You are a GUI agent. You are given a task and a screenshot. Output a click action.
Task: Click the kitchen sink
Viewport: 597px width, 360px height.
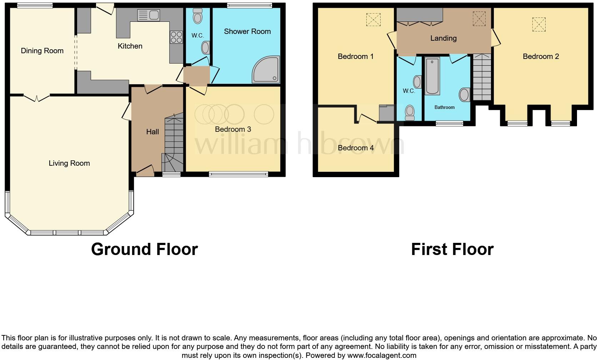[x=149, y=15]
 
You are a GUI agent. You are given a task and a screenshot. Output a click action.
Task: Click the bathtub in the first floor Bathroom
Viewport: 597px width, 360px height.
[x=432, y=77]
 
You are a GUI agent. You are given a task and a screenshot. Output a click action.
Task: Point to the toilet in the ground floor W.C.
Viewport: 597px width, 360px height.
[x=197, y=16]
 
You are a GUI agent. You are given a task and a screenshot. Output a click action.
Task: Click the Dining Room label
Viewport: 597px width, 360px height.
[x=42, y=51]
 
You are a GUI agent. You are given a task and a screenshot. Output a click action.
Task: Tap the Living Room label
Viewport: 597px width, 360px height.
[x=69, y=163]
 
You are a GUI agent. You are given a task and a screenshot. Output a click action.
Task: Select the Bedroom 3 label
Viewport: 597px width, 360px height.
[x=233, y=129]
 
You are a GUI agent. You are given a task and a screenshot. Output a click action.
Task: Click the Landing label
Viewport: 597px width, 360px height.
[x=443, y=38]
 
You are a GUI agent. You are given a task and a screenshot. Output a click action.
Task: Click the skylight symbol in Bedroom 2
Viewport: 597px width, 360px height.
[x=539, y=25]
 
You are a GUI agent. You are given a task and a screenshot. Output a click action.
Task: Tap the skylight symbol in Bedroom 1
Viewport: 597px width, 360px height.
[x=373, y=20]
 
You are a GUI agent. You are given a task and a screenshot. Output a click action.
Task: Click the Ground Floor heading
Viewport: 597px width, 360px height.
[x=144, y=249]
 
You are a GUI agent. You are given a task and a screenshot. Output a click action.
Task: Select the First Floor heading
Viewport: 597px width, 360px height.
[x=452, y=249]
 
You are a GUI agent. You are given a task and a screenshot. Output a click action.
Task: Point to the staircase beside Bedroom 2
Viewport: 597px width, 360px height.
[x=482, y=77]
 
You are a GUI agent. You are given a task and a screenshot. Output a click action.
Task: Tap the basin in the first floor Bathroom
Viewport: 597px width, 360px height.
[x=464, y=95]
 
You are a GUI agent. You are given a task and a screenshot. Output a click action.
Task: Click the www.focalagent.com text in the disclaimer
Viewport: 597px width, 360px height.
[x=382, y=355]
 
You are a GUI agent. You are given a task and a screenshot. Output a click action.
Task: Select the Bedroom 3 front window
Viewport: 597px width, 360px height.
[x=238, y=174]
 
